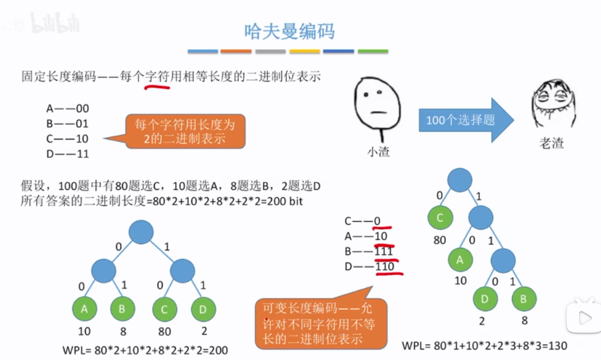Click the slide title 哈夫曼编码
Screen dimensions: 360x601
[289, 31]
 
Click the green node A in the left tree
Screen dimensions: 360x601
[85, 309]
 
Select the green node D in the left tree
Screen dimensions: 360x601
[203, 309]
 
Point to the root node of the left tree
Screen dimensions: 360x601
[141, 232]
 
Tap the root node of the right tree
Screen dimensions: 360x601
[460, 180]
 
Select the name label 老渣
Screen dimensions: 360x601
[552, 144]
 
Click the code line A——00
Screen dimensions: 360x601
[68, 109]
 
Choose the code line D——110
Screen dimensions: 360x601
[369, 267]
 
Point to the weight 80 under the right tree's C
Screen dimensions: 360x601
[440, 241]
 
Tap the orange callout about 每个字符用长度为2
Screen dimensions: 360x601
[186, 132]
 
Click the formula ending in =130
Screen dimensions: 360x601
[485, 346]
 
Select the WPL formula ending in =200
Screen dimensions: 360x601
[146, 350]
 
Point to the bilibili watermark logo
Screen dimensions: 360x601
[55, 24]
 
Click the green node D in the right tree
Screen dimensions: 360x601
[485, 300]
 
